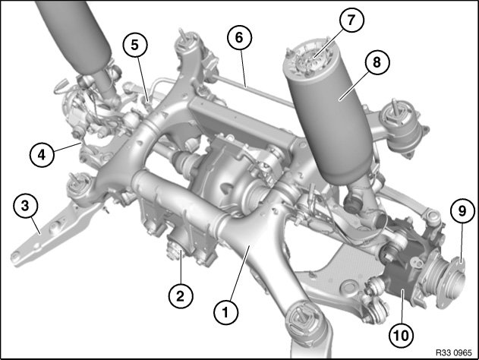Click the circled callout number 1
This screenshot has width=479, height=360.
(225, 312)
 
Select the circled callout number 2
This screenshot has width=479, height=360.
(181, 296)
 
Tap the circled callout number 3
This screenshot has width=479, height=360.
(25, 205)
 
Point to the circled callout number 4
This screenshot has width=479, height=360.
(42, 155)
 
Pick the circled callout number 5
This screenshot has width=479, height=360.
(135, 45)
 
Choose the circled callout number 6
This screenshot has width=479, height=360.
(240, 37)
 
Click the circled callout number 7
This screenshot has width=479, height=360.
(351, 20)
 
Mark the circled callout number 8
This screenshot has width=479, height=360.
(377, 62)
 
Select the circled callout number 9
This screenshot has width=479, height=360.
(463, 211)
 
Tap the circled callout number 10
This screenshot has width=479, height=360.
(402, 336)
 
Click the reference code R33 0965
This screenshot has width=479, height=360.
(454, 352)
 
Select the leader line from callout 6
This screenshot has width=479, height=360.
(243, 68)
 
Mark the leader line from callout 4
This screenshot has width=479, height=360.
(68, 147)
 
